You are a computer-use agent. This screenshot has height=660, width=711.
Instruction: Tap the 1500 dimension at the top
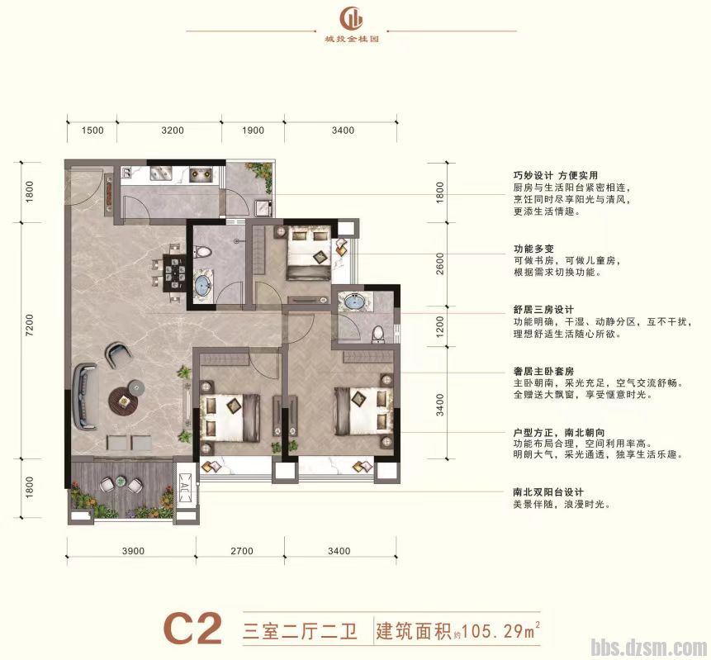pyautogui.click(x=92, y=130)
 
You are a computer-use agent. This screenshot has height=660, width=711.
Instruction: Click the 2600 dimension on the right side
pyautogui.click(x=439, y=264)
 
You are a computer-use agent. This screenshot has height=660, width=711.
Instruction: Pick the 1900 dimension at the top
pyautogui.click(x=253, y=130)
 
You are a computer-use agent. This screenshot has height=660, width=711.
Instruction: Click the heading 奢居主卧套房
pyautogui.click(x=542, y=372)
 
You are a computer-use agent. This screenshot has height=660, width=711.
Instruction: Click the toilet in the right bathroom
pyautogui.click(x=378, y=333)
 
